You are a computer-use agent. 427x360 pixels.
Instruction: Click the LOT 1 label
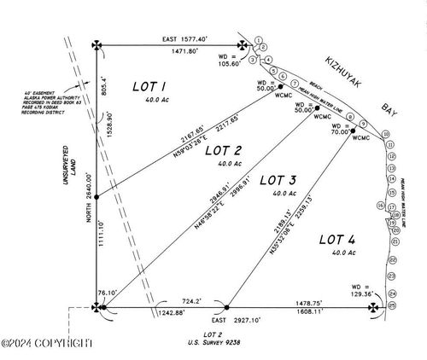(x=152, y=87)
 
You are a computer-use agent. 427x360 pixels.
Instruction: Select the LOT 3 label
(x=278, y=182)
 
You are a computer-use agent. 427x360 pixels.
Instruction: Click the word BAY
(x=390, y=111)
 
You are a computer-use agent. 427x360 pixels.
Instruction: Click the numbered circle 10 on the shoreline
(x=385, y=135)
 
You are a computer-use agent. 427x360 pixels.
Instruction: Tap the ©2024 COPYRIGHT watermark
(x=47, y=343)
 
